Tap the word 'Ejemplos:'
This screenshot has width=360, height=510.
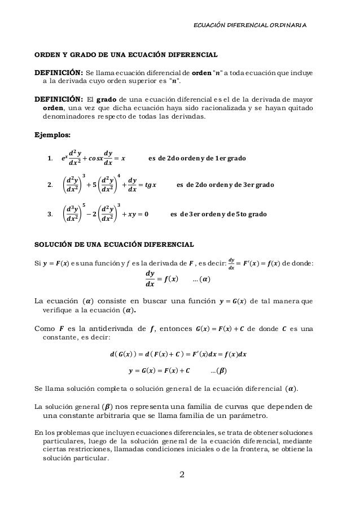pyautogui.click(x=50, y=135)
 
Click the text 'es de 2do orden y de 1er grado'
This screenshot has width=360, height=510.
pyautogui.click(x=196, y=158)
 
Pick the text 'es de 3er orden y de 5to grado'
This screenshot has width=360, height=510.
pyautogui.click(x=218, y=215)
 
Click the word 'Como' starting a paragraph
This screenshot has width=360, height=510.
pyautogui.click(x=46, y=329)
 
